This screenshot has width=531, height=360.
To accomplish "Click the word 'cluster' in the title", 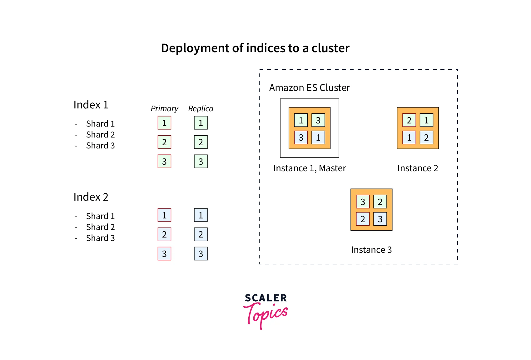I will (x=330, y=48).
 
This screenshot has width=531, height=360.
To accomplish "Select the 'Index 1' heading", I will (x=91, y=105).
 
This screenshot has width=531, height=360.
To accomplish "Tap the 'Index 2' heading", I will (x=91, y=197).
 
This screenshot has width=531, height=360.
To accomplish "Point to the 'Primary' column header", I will (x=164, y=108).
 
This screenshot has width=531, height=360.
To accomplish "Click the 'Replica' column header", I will (x=201, y=108).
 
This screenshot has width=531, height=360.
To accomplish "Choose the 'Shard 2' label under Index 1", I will (x=100, y=135).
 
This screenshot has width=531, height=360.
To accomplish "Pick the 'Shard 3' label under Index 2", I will (x=100, y=238).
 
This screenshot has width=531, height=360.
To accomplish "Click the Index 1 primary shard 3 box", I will (x=164, y=162).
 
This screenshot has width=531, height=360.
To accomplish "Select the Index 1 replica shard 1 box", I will (x=201, y=123).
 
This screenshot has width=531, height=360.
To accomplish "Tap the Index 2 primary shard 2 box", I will (x=164, y=234).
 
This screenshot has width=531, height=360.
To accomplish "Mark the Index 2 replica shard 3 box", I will (x=201, y=254).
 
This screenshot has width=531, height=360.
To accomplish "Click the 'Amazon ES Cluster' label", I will (x=309, y=88).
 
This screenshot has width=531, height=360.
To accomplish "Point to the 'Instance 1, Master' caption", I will (x=310, y=168).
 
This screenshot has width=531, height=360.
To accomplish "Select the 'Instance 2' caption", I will (x=418, y=168).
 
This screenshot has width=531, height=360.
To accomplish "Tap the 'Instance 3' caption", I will (x=371, y=250).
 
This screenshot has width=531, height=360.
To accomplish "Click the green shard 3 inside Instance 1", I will (x=318, y=120).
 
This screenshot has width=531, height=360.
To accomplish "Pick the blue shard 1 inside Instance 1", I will (x=318, y=137).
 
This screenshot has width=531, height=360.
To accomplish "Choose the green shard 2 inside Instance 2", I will (x=409, y=120).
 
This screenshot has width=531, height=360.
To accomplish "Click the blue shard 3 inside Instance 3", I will (x=380, y=219).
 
